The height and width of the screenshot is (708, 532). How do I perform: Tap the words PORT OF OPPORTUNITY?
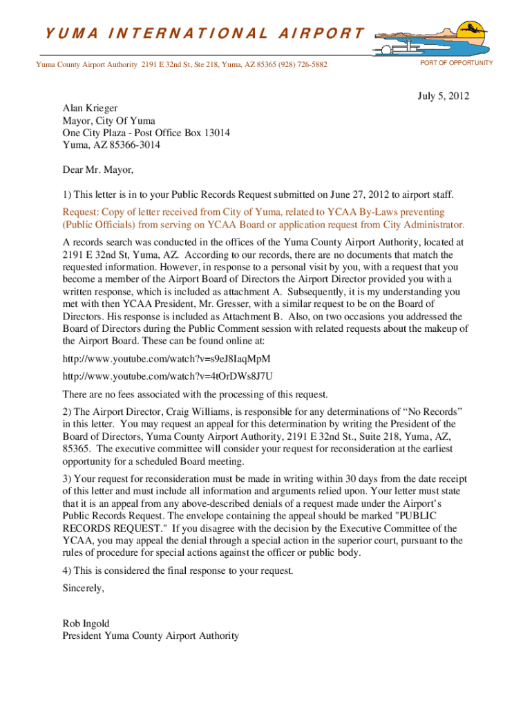tap(457, 63)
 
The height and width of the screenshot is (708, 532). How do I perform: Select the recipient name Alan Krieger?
tap(90, 108)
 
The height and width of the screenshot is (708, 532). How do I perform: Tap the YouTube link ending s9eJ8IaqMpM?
tap(167, 359)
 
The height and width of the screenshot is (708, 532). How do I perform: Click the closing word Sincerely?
tap(84, 588)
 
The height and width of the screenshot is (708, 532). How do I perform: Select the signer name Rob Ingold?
tap(86, 624)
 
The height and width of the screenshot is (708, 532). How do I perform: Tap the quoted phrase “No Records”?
tap(435, 411)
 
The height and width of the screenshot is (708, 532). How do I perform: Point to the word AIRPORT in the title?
tap(323, 32)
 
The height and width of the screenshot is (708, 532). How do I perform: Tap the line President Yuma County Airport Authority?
tap(151, 636)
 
